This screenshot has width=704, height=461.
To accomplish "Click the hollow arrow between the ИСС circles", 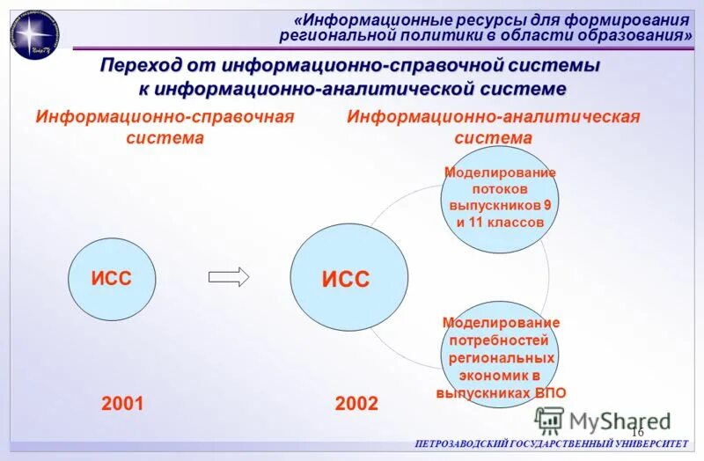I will [x=229, y=276].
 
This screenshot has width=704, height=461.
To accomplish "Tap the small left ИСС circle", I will [x=112, y=278].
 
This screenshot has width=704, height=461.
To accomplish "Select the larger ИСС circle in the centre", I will [x=349, y=279].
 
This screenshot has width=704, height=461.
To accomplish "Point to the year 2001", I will [x=122, y=404].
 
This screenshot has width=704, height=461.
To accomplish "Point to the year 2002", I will [x=356, y=404].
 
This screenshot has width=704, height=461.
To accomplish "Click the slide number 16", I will [x=637, y=431].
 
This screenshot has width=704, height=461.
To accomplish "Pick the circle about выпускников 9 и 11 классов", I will [x=499, y=198].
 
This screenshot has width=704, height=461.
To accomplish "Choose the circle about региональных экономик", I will [x=501, y=356].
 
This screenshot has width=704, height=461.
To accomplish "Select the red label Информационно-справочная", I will [x=164, y=117].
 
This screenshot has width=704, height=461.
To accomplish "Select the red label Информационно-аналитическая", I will [x=493, y=117].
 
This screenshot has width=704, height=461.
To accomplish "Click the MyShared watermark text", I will [x=620, y=421].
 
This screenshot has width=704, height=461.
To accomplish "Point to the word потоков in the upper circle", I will [x=499, y=188].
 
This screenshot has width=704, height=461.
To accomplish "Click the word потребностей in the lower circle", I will [x=500, y=340].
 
